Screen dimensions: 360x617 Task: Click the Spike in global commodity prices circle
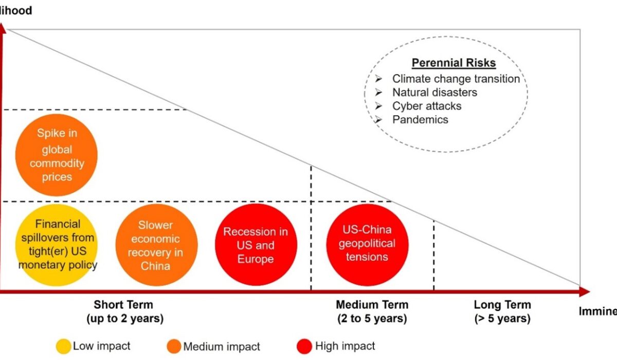[x=57, y=155]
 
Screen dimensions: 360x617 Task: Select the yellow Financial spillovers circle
[x=57, y=245]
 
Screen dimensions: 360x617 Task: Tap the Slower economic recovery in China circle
[x=156, y=245]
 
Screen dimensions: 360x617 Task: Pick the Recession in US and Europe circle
[x=256, y=245]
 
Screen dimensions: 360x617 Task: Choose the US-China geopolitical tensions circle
[x=367, y=243]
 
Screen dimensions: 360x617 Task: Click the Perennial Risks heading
[x=453, y=63]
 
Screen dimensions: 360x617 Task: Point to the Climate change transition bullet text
[x=456, y=79]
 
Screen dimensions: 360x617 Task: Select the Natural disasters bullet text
[x=434, y=93]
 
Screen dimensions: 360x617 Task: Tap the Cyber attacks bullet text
[x=427, y=106]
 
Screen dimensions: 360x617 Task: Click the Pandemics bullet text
[x=420, y=119]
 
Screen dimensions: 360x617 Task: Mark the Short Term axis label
[x=123, y=311]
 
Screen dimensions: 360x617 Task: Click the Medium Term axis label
[x=372, y=311]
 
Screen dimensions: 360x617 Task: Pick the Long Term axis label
[x=502, y=311]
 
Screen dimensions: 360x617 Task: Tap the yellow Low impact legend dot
[x=63, y=346]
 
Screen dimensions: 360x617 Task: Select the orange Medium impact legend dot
[x=174, y=346]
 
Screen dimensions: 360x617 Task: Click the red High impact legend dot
[x=305, y=346]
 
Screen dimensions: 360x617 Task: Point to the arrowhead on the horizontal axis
[x=585, y=292]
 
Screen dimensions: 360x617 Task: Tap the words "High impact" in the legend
[x=345, y=346]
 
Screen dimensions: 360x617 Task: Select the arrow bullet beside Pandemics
[x=379, y=119]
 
